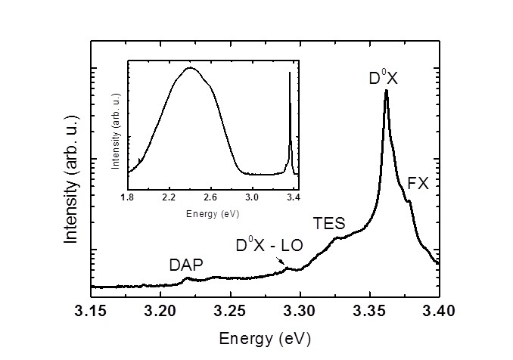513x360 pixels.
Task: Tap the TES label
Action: [x=329, y=224]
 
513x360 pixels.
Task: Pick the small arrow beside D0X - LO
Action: [x=283, y=264]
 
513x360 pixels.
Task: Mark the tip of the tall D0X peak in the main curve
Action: [x=387, y=90]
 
